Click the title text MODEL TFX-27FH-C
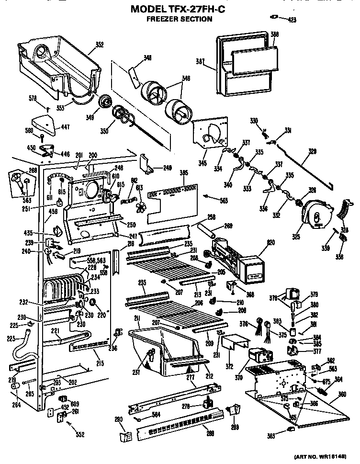180,9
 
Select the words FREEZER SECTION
179,19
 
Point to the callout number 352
99,45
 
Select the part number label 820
258,243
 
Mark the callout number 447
65,126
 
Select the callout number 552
79,435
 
